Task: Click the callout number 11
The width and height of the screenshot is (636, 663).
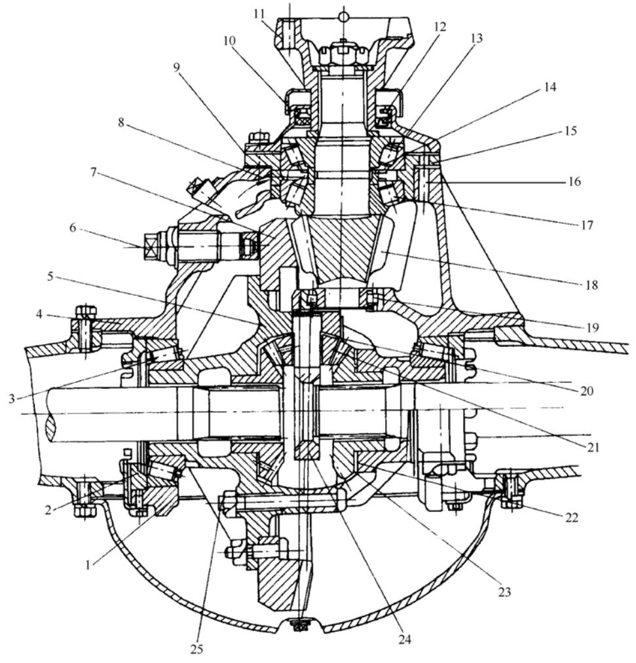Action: click(259, 14)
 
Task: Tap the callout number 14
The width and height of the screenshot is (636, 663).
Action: click(550, 88)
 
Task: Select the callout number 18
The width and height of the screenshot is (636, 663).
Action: click(592, 285)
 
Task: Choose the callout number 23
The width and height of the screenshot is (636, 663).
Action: click(505, 592)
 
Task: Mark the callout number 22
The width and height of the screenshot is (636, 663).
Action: click(572, 518)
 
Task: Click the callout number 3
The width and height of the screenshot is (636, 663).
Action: click(12, 399)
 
